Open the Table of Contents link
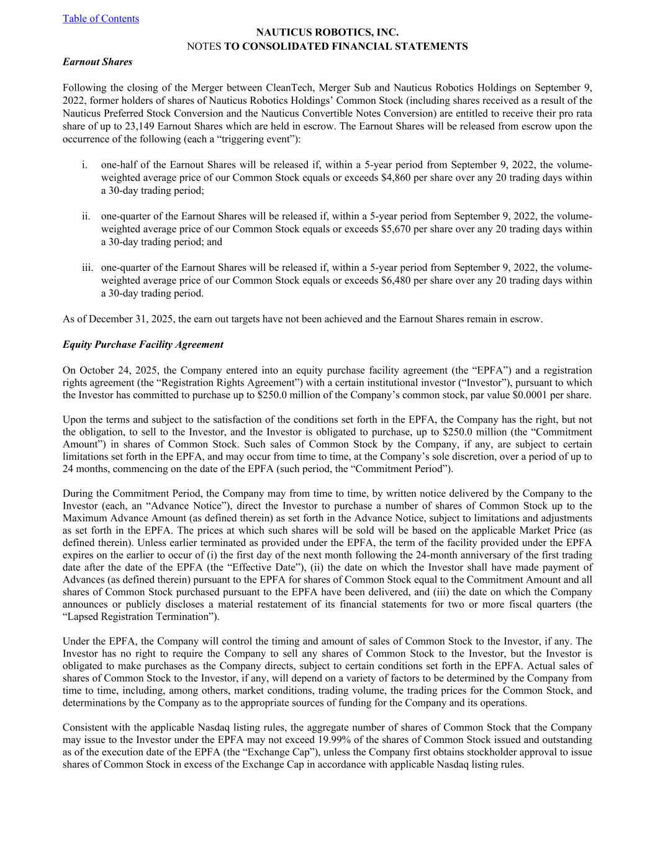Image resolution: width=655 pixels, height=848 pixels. click(x=101, y=19)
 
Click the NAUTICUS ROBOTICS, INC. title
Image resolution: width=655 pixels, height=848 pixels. click(x=327, y=32)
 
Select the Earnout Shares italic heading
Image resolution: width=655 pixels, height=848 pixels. click(x=97, y=62)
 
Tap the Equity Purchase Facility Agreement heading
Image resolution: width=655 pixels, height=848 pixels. click(x=143, y=344)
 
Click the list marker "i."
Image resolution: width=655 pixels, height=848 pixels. click(x=84, y=165)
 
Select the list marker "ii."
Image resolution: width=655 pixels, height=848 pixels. click(x=86, y=217)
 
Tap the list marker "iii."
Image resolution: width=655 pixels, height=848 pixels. click(x=87, y=268)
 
